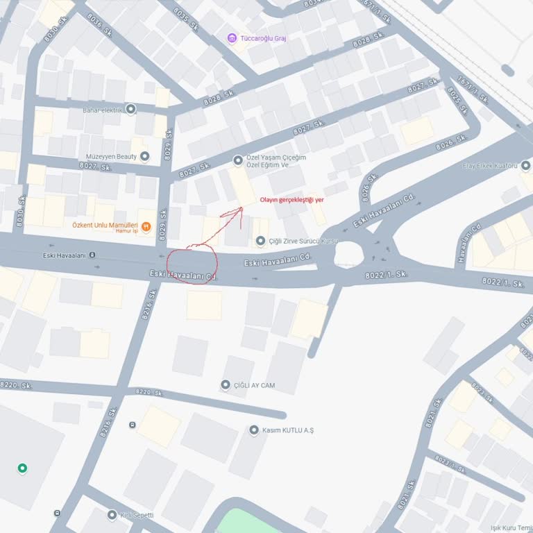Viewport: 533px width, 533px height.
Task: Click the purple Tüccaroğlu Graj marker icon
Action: point(232,37)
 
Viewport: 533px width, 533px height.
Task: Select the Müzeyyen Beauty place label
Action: point(111,157)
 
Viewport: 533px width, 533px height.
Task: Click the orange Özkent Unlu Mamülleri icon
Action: point(146,226)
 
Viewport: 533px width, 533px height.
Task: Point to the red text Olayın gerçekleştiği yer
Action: point(291,200)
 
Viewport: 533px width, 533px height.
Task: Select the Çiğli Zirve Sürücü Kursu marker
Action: point(261,242)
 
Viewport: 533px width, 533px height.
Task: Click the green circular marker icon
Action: point(22,468)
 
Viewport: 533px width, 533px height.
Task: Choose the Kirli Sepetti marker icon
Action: point(112,515)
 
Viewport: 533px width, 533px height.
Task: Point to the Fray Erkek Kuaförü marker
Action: point(525,166)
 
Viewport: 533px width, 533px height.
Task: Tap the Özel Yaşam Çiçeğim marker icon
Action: point(238,160)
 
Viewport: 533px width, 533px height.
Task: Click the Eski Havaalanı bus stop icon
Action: point(92,255)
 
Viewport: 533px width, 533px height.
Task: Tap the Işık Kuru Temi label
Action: point(511,528)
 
